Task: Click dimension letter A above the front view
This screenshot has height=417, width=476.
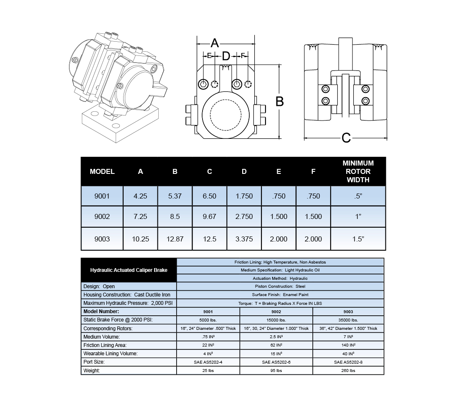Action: pyautogui.click(x=215, y=43)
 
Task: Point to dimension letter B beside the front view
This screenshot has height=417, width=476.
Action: pyautogui.click(x=280, y=101)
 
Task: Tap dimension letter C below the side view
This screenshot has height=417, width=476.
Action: pyautogui.click(x=346, y=138)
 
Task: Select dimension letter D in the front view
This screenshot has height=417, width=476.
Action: pyautogui.click(x=226, y=56)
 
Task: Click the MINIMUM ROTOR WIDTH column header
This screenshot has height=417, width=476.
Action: pyautogui.click(x=358, y=171)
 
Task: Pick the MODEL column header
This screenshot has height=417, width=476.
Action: pyautogui.click(x=102, y=171)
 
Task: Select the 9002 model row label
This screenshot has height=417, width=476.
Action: pyautogui.click(x=102, y=216)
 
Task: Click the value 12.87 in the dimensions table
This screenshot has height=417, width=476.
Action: pyautogui.click(x=175, y=239)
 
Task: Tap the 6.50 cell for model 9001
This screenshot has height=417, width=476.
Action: pyautogui.click(x=210, y=196)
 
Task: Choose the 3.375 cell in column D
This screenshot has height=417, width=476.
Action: pyautogui.click(x=244, y=239)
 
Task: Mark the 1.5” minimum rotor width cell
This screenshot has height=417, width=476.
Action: pyautogui.click(x=358, y=239)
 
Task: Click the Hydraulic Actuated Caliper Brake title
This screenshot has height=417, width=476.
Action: pyautogui.click(x=129, y=270)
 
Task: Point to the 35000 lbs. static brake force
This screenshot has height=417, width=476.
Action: pyautogui.click(x=348, y=320)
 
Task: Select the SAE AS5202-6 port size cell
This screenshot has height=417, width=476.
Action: pyautogui.click(x=276, y=362)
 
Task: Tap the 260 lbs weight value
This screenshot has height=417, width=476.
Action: pyautogui.click(x=348, y=370)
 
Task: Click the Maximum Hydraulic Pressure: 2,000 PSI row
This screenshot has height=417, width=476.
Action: pyautogui.click(x=128, y=303)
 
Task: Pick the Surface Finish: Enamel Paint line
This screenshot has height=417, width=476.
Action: pyautogui.click(x=280, y=295)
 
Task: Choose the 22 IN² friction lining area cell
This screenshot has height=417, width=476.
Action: pyautogui.click(x=208, y=345)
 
